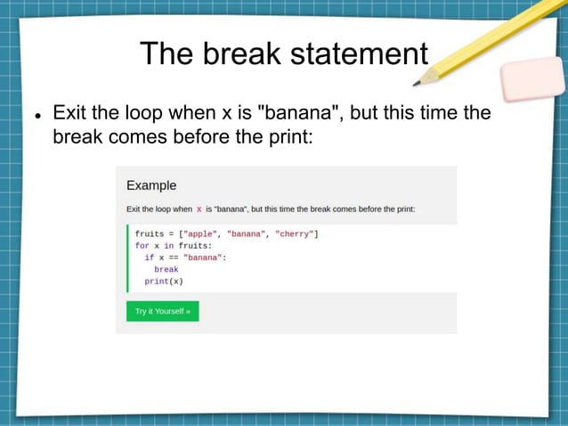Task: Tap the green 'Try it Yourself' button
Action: pos(162,311)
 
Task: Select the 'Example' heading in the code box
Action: pos(151,185)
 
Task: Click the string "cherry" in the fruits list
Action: pos(296,233)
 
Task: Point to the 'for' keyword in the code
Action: pos(142,245)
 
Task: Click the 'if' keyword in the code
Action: pos(150,257)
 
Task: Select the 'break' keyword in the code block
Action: pos(166,269)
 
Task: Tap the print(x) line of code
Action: pos(164,281)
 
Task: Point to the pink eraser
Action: pos(532,80)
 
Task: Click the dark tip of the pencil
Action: pos(417,83)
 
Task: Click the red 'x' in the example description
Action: pos(199,209)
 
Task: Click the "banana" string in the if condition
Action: pos(204,257)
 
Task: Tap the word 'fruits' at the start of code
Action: pos(150,233)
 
